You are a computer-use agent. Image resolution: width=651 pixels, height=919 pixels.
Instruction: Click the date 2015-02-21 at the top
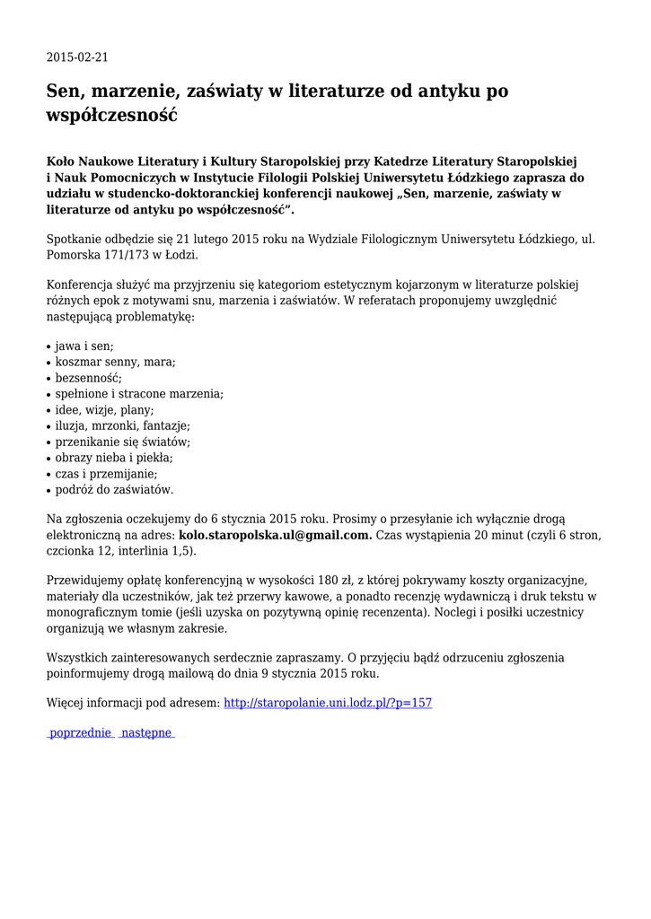click(x=77, y=57)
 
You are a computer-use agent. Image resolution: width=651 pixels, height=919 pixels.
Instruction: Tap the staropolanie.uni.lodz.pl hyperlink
click(x=327, y=703)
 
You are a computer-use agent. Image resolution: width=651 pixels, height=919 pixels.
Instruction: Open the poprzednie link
click(x=81, y=733)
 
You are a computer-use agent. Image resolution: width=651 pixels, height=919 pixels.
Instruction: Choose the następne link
click(x=146, y=733)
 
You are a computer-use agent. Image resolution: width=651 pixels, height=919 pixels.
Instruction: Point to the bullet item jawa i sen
click(x=84, y=346)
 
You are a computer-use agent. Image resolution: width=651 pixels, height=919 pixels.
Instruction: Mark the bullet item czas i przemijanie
click(x=106, y=474)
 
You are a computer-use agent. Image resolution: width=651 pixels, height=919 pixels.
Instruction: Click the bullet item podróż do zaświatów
click(x=114, y=490)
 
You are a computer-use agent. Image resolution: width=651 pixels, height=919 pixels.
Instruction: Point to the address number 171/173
click(x=131, y=255)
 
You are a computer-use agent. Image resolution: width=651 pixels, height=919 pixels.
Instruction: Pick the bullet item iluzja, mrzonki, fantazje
click(x=122, y=425)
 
